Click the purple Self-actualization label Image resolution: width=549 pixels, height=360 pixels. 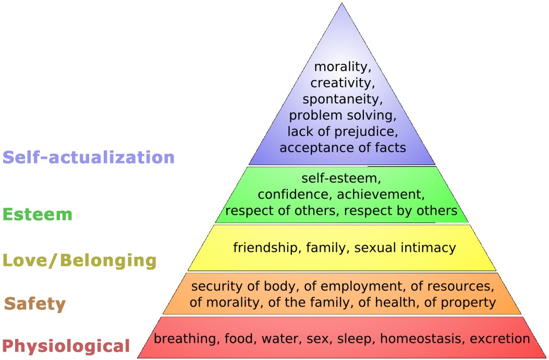(89, 157)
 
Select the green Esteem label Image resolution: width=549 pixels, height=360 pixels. (38, 214)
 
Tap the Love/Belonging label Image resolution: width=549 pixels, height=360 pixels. (79, 260)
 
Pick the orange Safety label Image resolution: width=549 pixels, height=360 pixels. (35, 304)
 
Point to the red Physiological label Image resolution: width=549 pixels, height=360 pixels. (66, 345)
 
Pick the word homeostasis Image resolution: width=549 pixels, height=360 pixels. (422, 339)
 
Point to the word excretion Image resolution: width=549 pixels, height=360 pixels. (499, 339)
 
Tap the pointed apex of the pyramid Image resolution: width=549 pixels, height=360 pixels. (341, 4)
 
